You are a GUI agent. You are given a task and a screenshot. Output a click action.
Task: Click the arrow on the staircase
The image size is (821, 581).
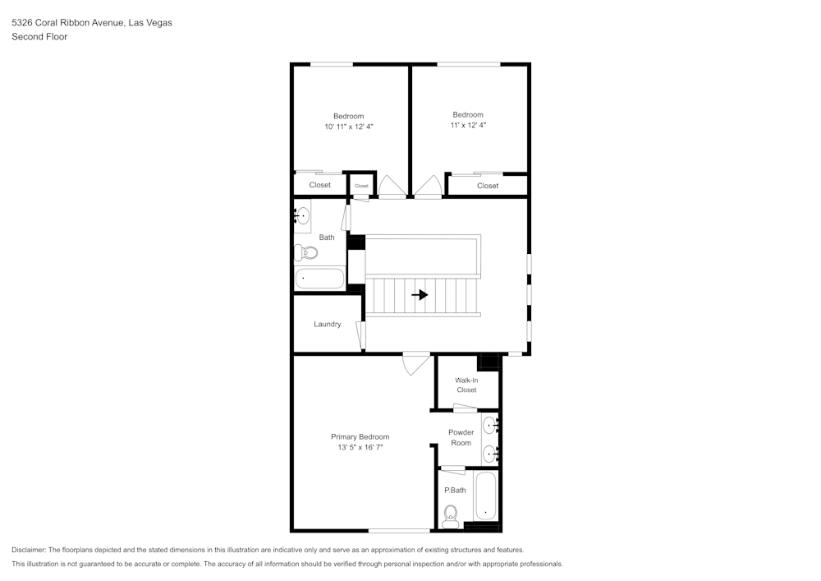(420, 295)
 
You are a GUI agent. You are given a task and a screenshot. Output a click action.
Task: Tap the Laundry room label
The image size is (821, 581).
(328, 325)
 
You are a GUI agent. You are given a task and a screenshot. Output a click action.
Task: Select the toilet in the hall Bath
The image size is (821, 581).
(305, 253)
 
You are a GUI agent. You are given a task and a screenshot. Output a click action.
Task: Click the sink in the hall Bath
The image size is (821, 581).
(302, 215)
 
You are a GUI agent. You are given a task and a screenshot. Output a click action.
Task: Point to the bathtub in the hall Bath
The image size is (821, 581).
(319, 279)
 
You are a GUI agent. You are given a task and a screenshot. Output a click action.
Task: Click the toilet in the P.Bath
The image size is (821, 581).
(450, 516)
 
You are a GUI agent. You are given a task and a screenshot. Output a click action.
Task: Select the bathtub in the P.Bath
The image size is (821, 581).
(485, 496)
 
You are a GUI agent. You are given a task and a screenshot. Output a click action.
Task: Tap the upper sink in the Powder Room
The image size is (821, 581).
(490, 424)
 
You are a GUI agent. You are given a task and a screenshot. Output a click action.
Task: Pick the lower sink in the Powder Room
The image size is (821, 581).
(490, 453)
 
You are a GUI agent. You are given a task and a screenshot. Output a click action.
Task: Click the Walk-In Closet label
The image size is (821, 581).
(466, 385)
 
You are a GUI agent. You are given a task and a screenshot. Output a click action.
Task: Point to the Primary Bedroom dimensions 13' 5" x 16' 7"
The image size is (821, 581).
(360, 447)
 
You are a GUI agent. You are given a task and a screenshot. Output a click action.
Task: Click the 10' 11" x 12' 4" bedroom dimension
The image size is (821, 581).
(349, 127)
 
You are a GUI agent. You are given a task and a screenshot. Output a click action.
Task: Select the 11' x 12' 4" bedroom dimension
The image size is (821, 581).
(468, 125)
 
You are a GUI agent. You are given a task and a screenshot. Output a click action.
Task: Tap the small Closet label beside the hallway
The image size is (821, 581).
(361, 186)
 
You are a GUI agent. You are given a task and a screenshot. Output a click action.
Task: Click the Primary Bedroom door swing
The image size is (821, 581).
(416, 363)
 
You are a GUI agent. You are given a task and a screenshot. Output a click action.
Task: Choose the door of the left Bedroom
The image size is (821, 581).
(392, 186)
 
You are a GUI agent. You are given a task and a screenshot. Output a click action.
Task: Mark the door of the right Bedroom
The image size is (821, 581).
(429, 186)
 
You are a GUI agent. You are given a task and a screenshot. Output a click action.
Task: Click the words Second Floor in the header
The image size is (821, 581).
(39, 37)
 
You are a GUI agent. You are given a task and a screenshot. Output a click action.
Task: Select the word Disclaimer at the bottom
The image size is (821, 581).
(29, 550)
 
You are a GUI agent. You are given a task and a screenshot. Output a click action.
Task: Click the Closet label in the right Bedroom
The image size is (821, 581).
(488, 186)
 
